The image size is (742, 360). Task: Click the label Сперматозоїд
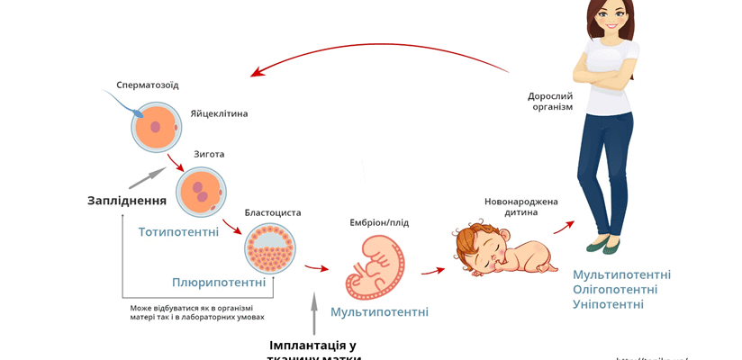pyautogui.click(x=148, y=85)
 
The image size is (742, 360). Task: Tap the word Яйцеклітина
pyautogui.click(x=219, y=113)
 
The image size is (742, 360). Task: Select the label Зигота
pyautogui.click(x=209, y=154)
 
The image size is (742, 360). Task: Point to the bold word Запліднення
pyautogui.click(x=127, y=200)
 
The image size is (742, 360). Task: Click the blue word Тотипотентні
pyautogui.click(x=178, y=232)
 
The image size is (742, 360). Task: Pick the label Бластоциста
pyautogui.click(x=273, y=212)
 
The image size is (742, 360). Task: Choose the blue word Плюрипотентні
pyautogui.click(x=219, y=283)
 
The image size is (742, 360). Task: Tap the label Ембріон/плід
pyautogui.click(x=379, y=222)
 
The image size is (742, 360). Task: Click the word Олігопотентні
pyautogui.click(x=615, y=289)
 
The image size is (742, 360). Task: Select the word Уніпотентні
pyautogui.click(x=608, y=304)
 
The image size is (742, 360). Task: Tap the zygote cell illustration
pyautogui.click(x=201, y=192)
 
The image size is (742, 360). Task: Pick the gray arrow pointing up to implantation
pyautogui.click(x=313, y=314)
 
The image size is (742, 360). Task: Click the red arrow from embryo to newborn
pyautogui.click(x=433, y=269)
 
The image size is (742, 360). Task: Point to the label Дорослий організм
pyautogui.click(x=550, y=100)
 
